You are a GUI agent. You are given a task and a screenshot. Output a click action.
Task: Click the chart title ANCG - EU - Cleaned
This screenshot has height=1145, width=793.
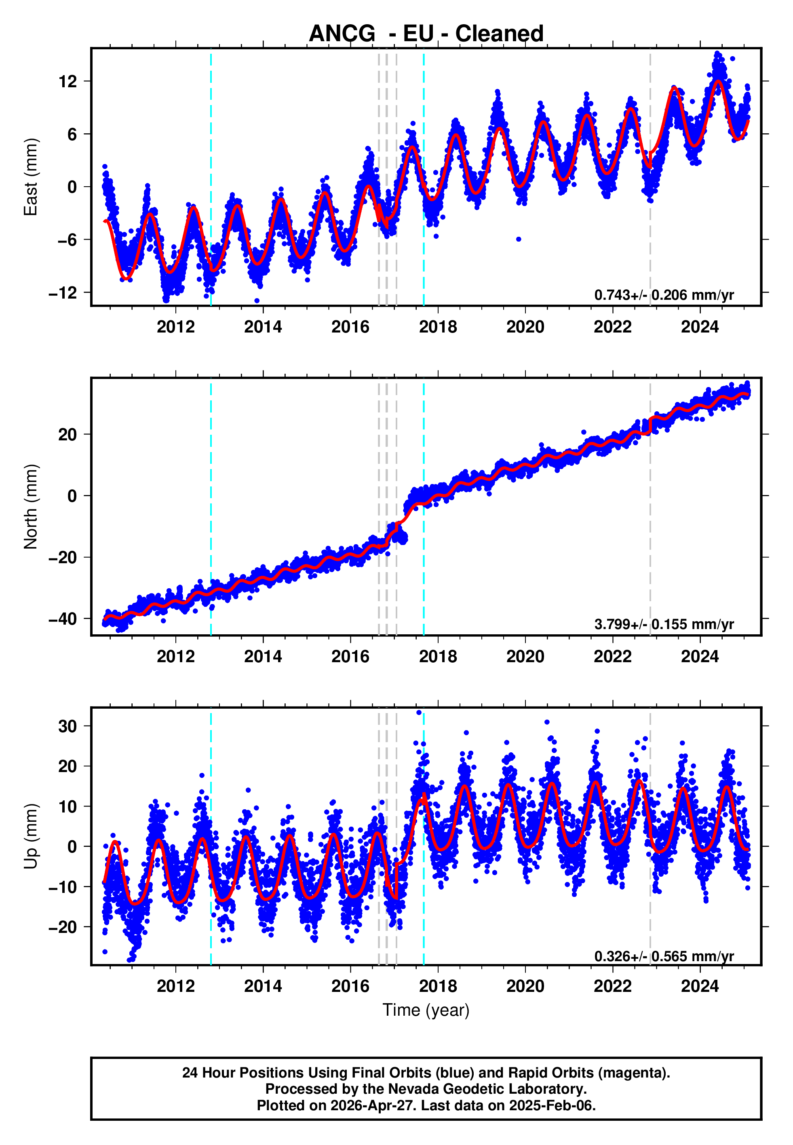(x=426, y=34)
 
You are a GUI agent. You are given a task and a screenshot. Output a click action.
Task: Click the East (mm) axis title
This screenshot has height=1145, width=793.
(x=31, y=177)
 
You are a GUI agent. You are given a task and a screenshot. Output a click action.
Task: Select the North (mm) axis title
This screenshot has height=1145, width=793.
(x=31, y=507)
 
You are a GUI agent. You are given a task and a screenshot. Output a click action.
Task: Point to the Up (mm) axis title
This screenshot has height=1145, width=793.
(x=31, y=836)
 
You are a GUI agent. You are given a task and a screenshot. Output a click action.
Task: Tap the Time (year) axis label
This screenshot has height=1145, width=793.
(x=426, y=1010)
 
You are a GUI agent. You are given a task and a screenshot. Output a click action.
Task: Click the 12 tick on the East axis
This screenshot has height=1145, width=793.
(x=68, y=82)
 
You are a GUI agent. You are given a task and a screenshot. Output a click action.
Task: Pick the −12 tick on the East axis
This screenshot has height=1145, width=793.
(x=63, y=293)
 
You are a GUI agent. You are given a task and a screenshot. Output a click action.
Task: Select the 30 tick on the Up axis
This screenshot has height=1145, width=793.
(x=68, y=726)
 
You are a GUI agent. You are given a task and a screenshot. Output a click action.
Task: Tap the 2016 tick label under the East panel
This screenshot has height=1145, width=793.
(x=350, y=327)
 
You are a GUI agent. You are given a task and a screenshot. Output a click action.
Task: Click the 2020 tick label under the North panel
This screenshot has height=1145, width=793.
(x=525, y=657)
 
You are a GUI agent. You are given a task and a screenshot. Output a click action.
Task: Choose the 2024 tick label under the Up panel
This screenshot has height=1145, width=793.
(x=700, y=987)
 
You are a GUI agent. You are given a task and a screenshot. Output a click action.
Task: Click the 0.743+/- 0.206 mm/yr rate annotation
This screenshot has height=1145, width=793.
(x=664, y=295)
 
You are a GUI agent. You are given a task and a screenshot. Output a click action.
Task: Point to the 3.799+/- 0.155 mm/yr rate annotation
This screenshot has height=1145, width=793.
(x=664, y=624)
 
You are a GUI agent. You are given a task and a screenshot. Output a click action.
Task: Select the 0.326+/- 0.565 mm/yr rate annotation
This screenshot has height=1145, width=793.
(x=664, y=956)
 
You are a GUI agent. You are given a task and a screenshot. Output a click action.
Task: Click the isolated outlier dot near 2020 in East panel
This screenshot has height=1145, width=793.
(x=518, y=239)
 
